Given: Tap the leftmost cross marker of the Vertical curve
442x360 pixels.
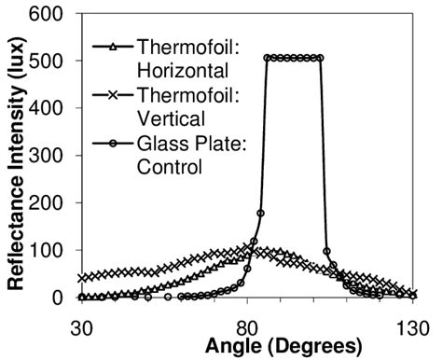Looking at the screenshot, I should pos(82,278).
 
